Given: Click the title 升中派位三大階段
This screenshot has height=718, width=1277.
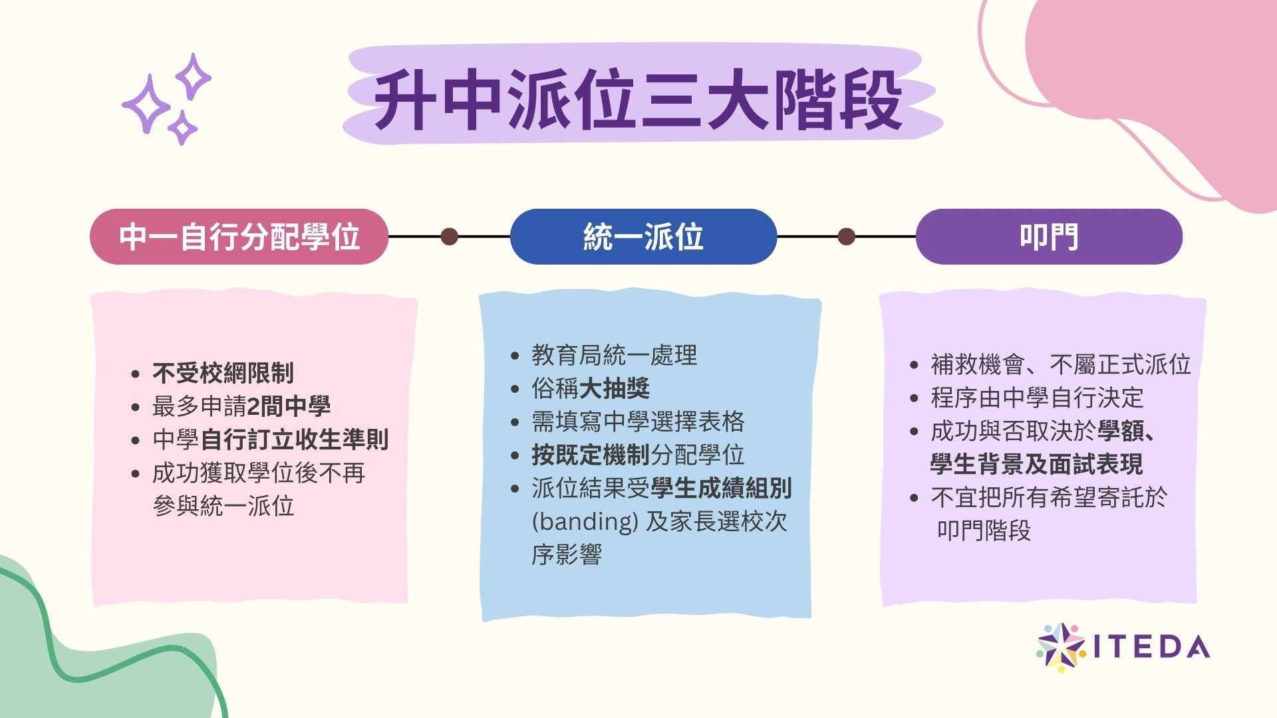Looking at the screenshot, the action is tap(638, 101).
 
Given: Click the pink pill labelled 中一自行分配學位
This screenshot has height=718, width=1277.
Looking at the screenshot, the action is tap(239, 237).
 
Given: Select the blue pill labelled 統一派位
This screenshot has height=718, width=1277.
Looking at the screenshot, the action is tap(643, 237).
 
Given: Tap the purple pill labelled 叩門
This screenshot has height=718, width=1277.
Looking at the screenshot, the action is tap(1049, 237).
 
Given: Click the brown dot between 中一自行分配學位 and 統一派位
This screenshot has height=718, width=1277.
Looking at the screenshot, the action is tap(450, 237).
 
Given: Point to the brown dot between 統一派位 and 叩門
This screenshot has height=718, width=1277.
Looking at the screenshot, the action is tap(847, 237).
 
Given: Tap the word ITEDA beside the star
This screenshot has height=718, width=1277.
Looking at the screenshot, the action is tap(1151, 647).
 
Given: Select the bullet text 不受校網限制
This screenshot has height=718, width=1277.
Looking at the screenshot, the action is tap(223, 373).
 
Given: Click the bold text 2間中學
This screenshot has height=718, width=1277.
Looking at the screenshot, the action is tap(288, 406).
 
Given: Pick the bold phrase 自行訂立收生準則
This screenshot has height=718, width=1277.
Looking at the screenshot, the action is tap(294, 439).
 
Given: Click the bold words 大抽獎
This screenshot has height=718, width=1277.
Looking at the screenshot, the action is tap(614, 388).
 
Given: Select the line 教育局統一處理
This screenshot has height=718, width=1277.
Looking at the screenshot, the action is tap(614, 355).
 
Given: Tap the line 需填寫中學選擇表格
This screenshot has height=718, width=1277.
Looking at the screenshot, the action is tap(638, 421).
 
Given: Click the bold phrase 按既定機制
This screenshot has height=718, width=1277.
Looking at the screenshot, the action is tap(590, 455).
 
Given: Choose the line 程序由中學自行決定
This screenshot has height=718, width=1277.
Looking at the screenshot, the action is tap(1037, 398).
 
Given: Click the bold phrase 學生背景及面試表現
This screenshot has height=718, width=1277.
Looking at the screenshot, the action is tap(1036, 464).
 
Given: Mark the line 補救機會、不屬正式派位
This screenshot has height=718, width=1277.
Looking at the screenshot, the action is tap(1060, 364).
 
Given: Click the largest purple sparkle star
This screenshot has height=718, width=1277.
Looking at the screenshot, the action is tap(146, 104).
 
